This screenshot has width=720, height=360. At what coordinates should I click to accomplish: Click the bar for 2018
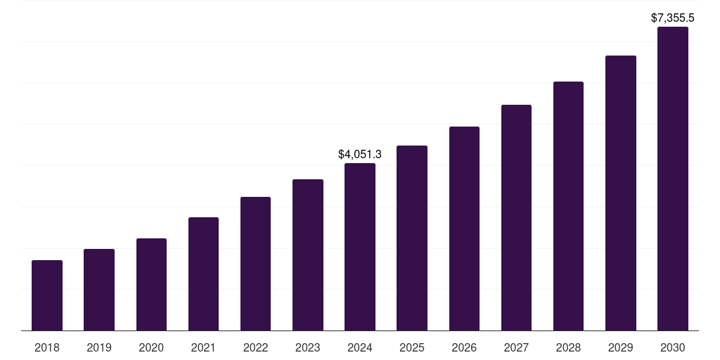coord(47,295)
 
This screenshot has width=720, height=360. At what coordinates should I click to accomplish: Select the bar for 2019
coord(99,290)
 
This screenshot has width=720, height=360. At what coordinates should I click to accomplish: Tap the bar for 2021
coord(203,274)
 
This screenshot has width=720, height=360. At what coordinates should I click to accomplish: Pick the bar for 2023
coord(308,255)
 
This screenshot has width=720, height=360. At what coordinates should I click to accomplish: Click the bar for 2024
coord(360,247)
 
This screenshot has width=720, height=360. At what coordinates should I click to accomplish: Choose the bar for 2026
coord(464,229)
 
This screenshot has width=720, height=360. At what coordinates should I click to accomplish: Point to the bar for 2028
coord(568,206)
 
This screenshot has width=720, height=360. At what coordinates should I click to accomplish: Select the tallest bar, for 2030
coord(673,179)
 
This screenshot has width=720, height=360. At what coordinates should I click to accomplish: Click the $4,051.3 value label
coord(360,154)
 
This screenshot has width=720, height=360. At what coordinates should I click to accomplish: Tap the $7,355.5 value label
coord(673,18)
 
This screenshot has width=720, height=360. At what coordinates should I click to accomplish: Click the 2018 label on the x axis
coord(47,347)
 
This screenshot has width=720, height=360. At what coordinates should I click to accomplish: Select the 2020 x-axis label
coord(151,347)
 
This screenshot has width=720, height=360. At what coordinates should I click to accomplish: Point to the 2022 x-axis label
coord(255,347)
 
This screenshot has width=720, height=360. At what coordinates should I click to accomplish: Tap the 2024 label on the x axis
coord(360,347)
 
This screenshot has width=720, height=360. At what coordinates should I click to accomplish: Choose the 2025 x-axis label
coord(412,347)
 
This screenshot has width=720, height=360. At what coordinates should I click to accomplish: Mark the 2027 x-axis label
coord(516,347)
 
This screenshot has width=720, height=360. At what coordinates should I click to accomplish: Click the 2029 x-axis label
coord(621,347)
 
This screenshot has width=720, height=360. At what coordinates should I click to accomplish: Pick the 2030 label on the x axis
coord(673,347)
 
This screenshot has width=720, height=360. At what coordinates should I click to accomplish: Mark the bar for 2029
coord(621,193)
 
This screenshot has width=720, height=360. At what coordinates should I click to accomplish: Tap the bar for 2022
coord(255,264)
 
